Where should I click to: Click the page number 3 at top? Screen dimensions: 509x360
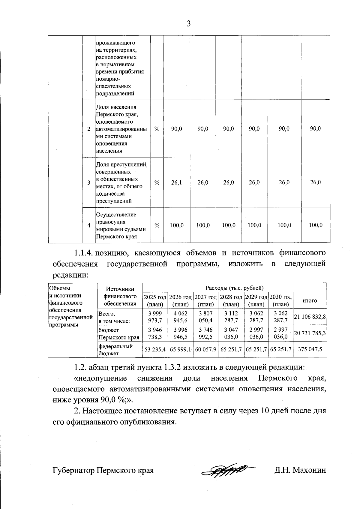coord(188,24)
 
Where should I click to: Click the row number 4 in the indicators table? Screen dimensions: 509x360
coord(88,225)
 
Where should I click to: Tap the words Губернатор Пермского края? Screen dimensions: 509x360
coord(103,470)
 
